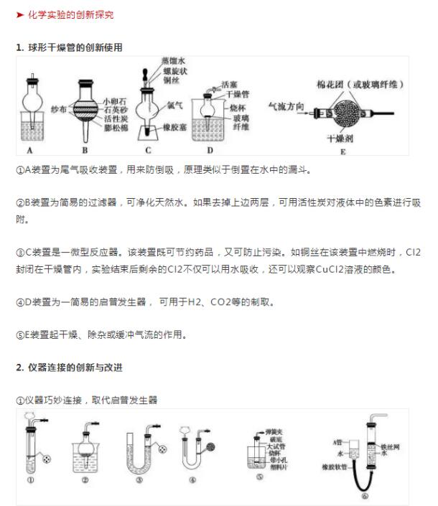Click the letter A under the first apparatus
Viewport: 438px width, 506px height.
(x=29, y=151)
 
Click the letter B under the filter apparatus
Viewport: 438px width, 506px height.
(x=84, y=151)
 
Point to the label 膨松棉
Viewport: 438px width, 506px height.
(x=115, y=131)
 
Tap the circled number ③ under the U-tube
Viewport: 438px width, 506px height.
(x=139, y=480)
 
